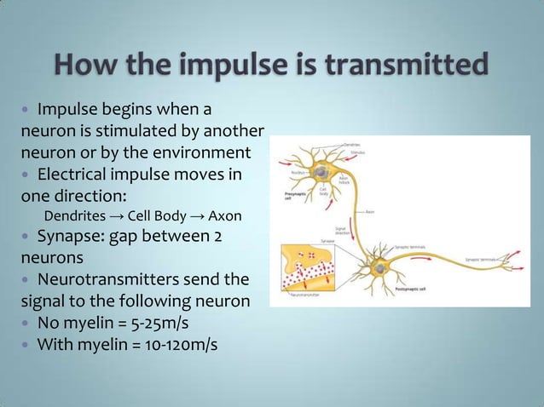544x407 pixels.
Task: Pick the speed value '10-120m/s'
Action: coord(193,346)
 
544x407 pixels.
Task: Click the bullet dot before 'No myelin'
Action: coord(26,324)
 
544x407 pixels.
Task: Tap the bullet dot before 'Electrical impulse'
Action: coord(26,175)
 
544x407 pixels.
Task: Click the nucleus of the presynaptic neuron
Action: coord(317,173)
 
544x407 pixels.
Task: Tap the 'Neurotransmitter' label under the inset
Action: coord(310,295)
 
